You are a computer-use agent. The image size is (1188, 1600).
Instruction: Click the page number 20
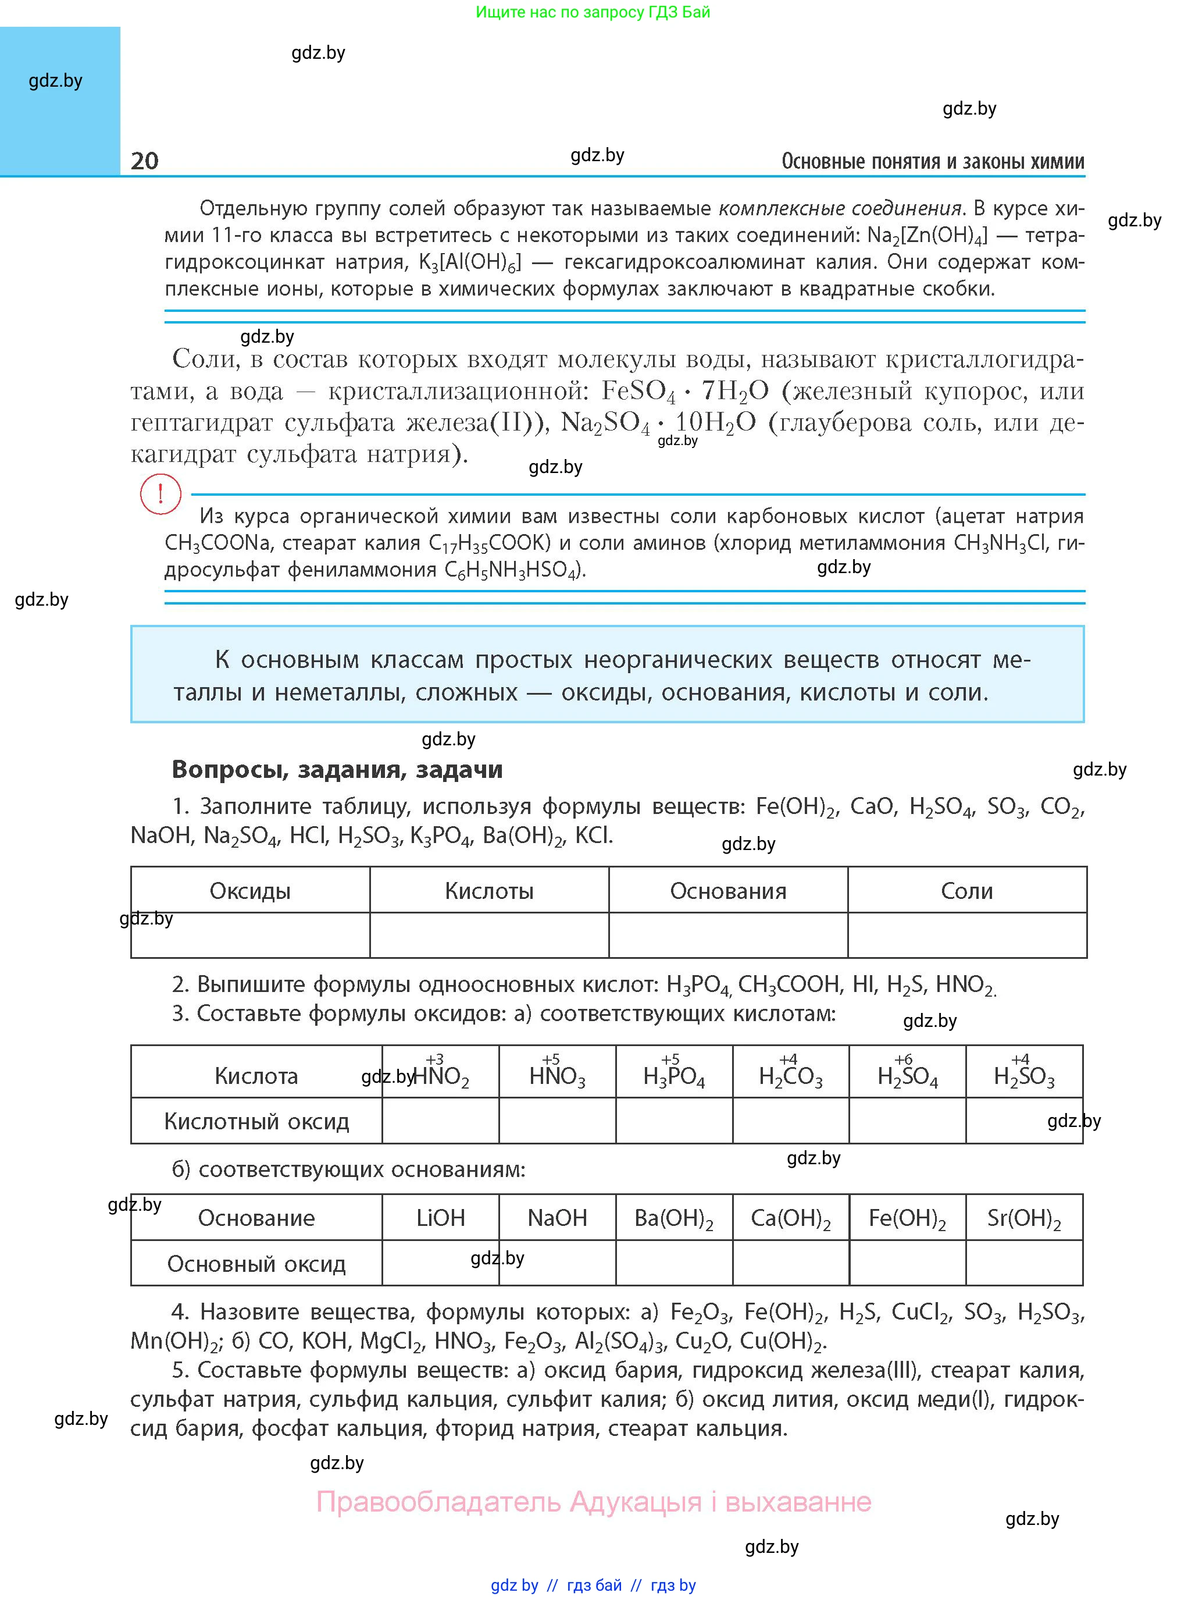pos(145,161)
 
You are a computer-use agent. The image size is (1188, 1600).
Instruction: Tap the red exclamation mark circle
pos(160,494)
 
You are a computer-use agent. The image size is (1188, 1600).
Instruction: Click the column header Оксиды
pos(249,891)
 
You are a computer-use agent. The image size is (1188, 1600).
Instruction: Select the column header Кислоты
pos(489,891)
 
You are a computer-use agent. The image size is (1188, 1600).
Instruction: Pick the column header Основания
pos(728,891)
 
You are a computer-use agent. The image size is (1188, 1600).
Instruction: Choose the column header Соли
pos(966,891)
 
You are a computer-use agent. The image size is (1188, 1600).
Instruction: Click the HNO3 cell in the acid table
pos(557,1076)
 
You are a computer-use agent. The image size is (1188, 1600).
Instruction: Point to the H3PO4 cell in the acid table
pos(674,1076)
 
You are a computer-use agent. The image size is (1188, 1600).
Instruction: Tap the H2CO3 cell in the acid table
pos(790,1076)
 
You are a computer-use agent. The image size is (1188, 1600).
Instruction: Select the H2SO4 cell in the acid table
pos(908,1076)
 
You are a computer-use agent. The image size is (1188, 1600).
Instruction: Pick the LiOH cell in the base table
pos(440,1217)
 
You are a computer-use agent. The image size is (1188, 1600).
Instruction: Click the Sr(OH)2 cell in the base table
pos(1024,1217)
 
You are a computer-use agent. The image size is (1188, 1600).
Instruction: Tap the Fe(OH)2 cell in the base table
pos(908,1217)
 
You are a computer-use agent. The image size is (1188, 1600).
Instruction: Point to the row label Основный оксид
pos(256,1263)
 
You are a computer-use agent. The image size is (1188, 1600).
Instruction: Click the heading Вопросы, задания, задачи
pos(337,769)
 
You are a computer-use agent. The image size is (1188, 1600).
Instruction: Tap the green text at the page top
pos(593,12)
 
